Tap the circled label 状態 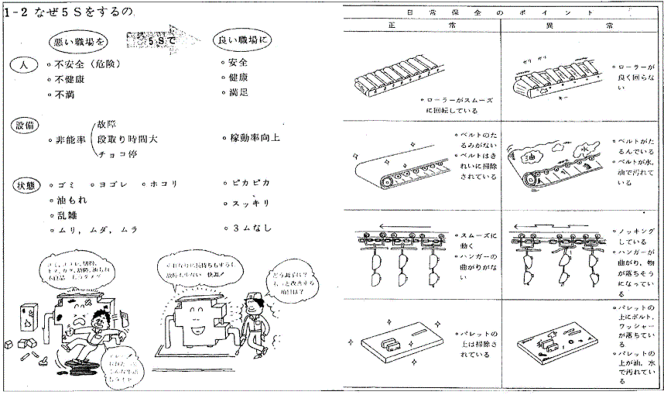click(25, 185)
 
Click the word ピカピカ click(251, 184)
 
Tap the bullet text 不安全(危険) click(85, 64)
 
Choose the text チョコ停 click(118, 155)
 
